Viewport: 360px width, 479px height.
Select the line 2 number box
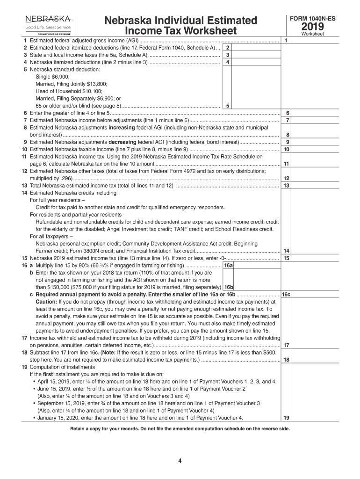pos(227,48)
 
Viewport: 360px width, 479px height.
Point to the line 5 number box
pos(227,106)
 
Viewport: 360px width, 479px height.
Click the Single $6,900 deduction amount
pos(52,77)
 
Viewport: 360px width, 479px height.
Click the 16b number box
pos(229,287)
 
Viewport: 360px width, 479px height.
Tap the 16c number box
pos(287,295)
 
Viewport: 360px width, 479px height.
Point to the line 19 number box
pos(286,418)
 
